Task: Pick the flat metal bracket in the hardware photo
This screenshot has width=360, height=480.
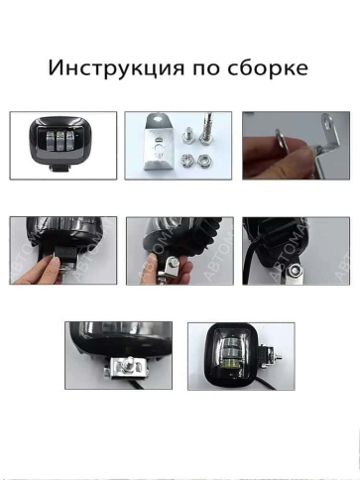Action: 158,145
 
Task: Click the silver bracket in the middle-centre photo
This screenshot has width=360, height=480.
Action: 175,266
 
